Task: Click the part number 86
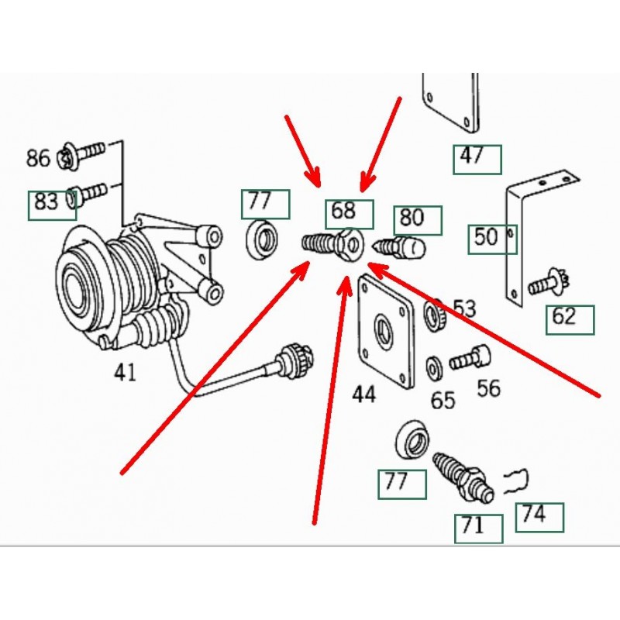coord(37,159)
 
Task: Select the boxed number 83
coord(46,203)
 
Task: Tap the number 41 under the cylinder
coord(125,373)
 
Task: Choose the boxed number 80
coord(412,219)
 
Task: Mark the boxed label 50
coord(486,236)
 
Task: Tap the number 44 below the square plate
coord(363,394)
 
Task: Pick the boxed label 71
coord(473,526)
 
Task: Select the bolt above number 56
coord(470,356)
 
